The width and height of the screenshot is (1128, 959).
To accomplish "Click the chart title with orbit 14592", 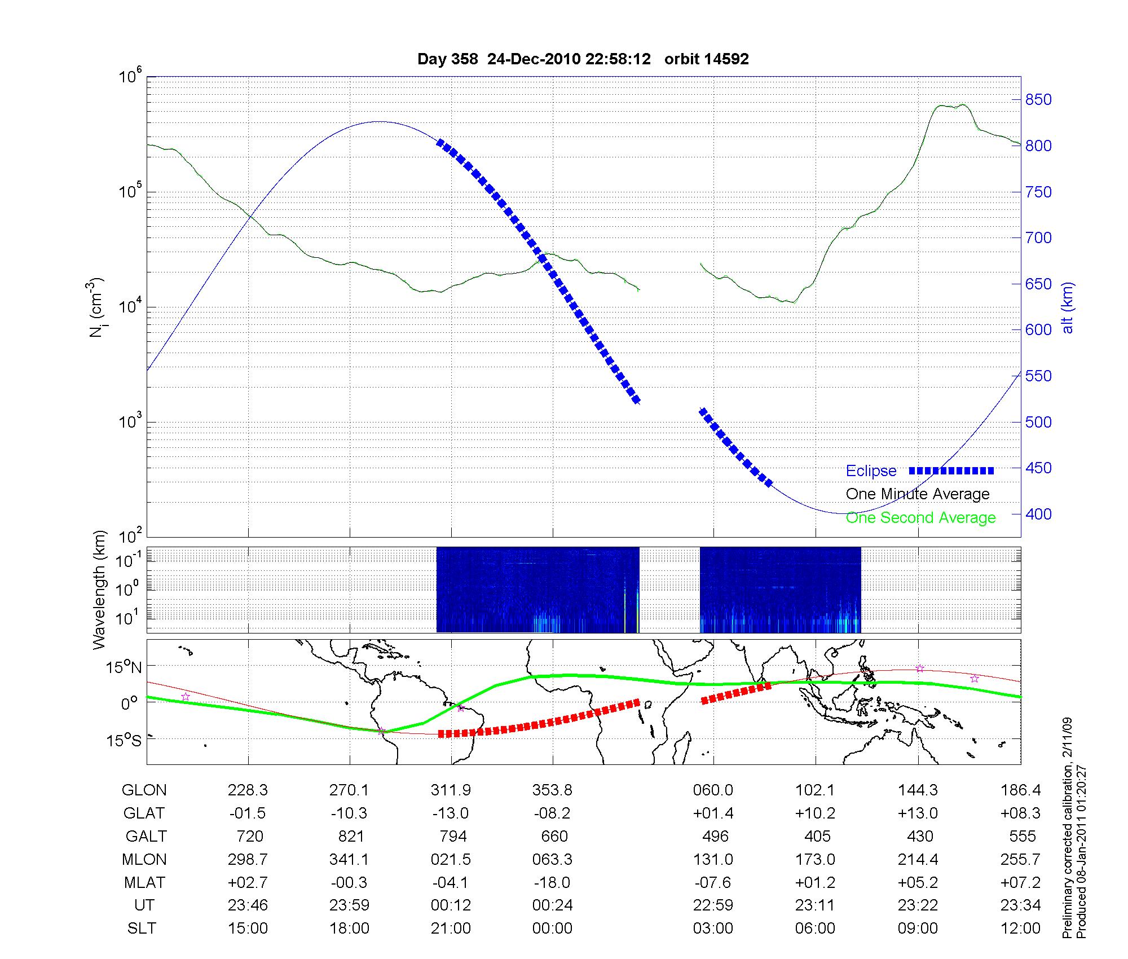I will pos(583,59).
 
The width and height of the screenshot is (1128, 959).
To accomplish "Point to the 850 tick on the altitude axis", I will pos(1038,100).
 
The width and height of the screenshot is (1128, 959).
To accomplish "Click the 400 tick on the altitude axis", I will pos(1038,514).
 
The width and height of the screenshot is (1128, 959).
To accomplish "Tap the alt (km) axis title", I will pos(1068,308).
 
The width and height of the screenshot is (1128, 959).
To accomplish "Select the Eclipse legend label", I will pos(871,471).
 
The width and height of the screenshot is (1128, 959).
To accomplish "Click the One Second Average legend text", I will pos(920,518).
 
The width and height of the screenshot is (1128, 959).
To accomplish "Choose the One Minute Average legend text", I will pos(918,494).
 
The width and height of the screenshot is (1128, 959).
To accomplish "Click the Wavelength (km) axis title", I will pos(99,590).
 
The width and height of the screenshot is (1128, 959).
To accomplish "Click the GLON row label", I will pos(144,790).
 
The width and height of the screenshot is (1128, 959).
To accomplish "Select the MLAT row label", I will pos(144,882).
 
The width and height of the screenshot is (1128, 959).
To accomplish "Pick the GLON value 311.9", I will pos(451,790).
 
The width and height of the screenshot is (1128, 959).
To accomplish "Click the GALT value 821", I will pos(350,836).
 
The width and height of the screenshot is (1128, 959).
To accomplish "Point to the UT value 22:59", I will pos(713,905).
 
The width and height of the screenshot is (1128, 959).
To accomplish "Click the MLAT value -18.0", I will pos(552,882).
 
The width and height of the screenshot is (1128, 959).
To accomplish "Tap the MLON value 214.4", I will pos(918,859).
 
